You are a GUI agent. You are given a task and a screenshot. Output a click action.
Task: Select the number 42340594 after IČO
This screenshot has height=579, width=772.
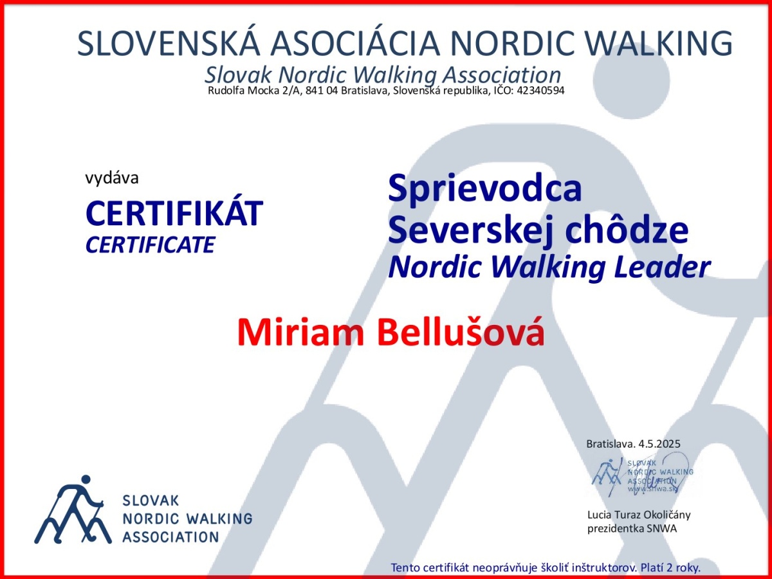coord(540,91)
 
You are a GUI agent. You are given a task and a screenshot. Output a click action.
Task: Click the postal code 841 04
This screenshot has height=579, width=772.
coord(322,91)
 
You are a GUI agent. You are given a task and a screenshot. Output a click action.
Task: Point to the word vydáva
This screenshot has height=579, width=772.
coord(112,178)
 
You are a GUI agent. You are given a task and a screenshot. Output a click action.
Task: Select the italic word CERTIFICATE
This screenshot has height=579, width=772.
coord(150,244)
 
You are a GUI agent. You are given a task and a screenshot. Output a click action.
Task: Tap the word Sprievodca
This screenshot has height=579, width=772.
coord(485,190)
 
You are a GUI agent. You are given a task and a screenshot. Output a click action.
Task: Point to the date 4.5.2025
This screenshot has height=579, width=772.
coord(659,444)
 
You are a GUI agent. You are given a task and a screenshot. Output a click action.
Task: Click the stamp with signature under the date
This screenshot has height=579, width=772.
coord(642,475)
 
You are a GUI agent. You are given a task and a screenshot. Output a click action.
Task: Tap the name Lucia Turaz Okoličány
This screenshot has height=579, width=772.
coord(639,515)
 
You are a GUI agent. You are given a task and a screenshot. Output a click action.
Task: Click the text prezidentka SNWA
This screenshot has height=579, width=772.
coord(632,529)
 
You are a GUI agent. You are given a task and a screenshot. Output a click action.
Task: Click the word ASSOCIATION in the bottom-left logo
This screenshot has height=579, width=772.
coord(170,538)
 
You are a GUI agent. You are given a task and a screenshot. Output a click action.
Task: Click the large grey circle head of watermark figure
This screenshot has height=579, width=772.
coord(631,80)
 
